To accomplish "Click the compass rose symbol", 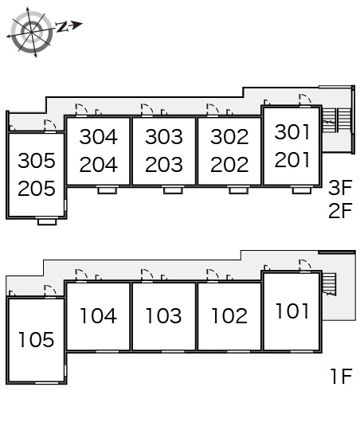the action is (32, 33).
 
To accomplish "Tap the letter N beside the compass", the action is (62, 27).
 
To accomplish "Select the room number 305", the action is (37, 161).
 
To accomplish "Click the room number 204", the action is (99, 165).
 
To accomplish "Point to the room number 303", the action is (164, 136).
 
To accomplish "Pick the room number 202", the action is (229, 165).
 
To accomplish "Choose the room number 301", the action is (292, 132).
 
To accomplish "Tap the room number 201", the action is (292, 159).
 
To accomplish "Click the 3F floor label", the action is (340, 188).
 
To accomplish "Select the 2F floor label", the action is (340, 210).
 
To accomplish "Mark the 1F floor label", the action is (342, 376).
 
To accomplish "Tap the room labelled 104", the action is (99, 315).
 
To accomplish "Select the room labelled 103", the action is (164, 315).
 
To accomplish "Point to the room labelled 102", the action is (229, 315).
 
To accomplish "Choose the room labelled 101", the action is (292, 311).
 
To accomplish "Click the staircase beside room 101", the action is (329, 284).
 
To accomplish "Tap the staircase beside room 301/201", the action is (337, 120).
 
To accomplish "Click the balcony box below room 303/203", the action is (173, 190).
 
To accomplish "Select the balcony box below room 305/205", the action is (47, 221).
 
